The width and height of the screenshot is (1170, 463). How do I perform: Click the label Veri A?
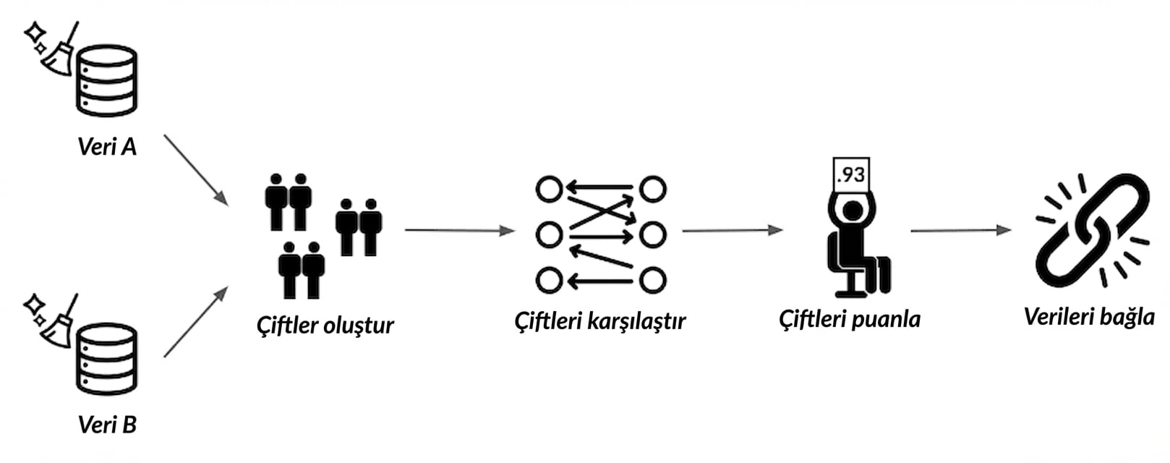[x=107, y=147]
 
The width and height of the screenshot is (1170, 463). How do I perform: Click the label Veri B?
[x=107, y=424]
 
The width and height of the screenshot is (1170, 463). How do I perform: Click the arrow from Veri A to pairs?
[x=195, y=169]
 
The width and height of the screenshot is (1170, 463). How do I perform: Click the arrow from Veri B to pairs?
[x=195, y=322]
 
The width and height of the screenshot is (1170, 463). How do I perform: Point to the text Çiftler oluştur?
[x=325, y=325]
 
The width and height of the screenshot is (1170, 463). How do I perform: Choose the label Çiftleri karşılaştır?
[x=599, y=320]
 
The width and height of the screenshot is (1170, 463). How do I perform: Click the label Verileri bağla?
[x=1089, y=317]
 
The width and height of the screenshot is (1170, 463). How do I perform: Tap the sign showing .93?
[x=850, y=175]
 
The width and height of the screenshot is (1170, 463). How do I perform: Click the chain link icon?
[x=1091, y=229]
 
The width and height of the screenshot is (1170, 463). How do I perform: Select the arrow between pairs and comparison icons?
[x=459, y=230]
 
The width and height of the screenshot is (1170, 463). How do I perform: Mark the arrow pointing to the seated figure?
[x=732, y=231]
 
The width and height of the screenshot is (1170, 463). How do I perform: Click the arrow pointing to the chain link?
[x=960, y=231]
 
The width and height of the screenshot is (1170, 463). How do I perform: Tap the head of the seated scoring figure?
[x=853, y=211]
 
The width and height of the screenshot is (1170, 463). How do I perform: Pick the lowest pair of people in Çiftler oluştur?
[x=302, y=270]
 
